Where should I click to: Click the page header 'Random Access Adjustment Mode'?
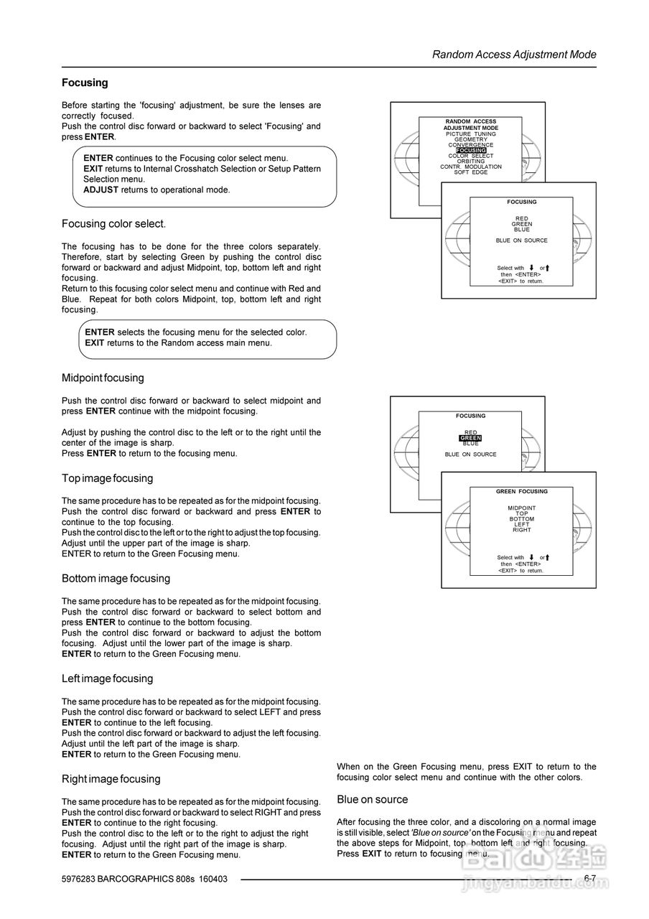pos(514,55)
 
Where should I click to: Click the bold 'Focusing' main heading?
pos(85,83)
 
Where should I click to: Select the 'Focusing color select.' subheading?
pos(114,224)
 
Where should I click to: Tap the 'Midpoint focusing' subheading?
pos(103,378)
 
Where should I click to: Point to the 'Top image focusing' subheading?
pos(107,478)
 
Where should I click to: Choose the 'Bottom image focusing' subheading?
pos(116,579)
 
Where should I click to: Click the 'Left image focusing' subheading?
pos(107,678)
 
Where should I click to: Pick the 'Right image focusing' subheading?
pos(111,779)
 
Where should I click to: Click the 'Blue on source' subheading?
pos(372,800)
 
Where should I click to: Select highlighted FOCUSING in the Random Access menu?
pos(471,150)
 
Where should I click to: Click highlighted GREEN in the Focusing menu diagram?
pos(470,438)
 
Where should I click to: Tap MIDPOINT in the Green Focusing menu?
pos(522,508)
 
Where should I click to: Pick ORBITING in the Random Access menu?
pos(471,161)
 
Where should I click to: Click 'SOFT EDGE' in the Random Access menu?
pos(471,172)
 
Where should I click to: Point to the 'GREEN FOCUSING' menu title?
pos(522,492)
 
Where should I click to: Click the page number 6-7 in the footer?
pos(590,878)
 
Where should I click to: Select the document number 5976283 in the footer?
pos(78,879)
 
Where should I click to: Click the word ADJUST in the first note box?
pos(101,190)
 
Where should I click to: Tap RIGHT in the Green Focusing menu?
pos(522,530)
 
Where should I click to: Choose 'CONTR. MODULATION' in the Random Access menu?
pos(471,167)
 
